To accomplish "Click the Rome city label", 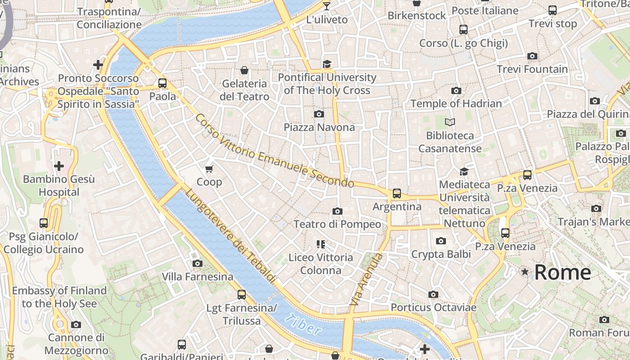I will click(x=562, y=272).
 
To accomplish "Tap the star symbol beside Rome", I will click(x=525, y=272).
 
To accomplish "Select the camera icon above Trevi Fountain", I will click(x=532, y=56).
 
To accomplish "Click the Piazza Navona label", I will click(x=319, y=127).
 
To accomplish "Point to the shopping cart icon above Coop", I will click(x=209, y=169).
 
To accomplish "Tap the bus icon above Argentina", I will click(x=396, y=193).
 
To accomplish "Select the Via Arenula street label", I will click(x=366, y=280).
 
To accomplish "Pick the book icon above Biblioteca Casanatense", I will click(x=450, y=122).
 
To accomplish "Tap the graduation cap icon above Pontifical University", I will click(x=327, y=64).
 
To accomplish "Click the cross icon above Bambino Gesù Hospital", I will click(x=58, y=166).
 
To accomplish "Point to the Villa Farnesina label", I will click(x=198, y=276).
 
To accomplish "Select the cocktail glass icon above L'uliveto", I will click(x=327, y=6).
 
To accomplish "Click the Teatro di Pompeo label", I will click(x=337, y=224).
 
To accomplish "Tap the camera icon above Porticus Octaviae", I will click(x=433, y=295).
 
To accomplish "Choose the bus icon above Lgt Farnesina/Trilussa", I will click(x=242, y=295).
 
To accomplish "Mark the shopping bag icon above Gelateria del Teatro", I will click(x=244, y=70).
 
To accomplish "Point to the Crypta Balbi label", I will click(x=441, y=254).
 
